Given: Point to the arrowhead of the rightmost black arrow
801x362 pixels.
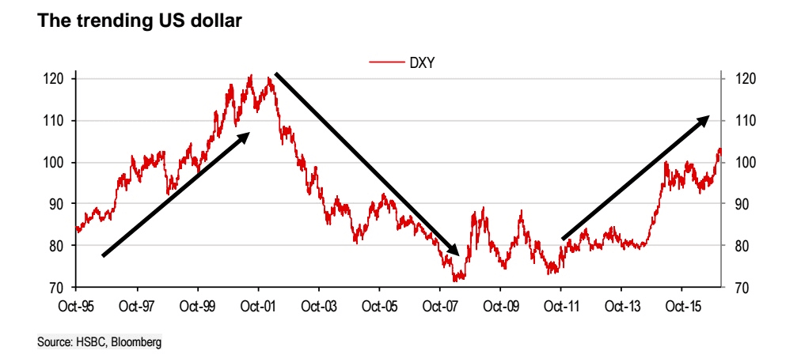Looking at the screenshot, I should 703,120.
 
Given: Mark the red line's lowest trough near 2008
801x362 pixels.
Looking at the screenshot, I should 456,280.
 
